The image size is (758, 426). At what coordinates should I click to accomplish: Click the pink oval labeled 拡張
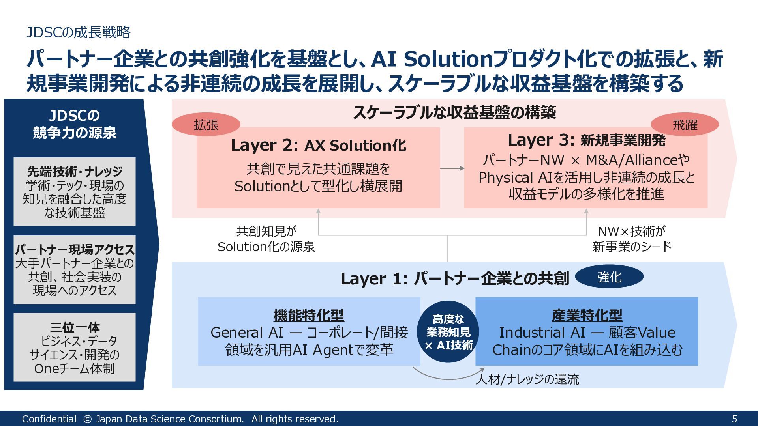coord(206,125)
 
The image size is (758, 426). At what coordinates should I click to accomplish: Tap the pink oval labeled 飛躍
coord(685,125)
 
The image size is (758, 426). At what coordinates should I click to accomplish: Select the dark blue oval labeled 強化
coord(609,277)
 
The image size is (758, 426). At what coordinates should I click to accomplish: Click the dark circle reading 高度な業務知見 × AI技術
coord(448,332)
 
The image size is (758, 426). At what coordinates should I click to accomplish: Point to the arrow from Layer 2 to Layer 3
coord(452,168)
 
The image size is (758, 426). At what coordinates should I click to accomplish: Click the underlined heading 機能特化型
coord(309,315)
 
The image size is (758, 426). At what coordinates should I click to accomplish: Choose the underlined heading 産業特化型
coord(587,315)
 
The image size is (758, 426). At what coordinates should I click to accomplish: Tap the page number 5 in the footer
coord(734,419)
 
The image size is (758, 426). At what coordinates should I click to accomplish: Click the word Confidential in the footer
coord(49,419)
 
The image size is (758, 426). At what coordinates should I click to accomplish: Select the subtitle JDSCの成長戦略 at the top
coord(79,32)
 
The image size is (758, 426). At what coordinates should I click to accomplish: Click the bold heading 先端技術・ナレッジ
coord(75,172)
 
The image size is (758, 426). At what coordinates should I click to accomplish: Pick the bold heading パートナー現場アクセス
coord(75,249)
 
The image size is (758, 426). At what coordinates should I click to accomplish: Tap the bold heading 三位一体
coord(75,327)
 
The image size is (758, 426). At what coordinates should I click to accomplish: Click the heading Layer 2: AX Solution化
coord(318,146)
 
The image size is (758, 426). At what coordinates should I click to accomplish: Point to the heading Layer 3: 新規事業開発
coord(586,140)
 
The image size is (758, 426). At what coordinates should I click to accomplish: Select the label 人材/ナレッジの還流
coord(527,379)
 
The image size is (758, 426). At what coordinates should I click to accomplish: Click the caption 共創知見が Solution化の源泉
coord(266,239)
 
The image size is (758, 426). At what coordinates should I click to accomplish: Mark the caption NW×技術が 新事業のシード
coord(632,239)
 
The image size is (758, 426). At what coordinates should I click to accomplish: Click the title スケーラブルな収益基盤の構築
coord(454,112)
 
